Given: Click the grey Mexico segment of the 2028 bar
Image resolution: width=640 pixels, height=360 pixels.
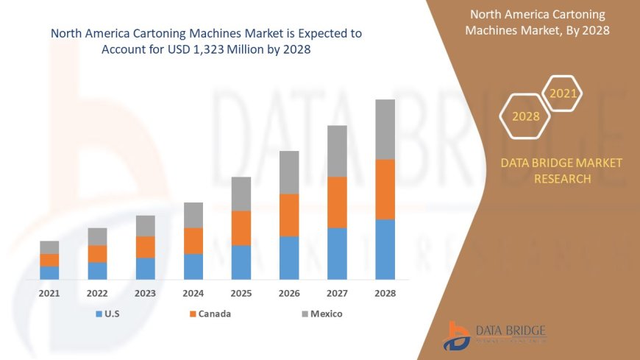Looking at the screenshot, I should click(385, 130).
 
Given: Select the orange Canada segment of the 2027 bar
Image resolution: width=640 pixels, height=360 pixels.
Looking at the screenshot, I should click(337, 202).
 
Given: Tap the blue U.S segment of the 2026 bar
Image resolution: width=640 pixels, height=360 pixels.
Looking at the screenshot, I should click(289, 258).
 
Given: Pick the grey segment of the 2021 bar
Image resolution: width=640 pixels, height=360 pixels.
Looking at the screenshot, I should click(49, 247).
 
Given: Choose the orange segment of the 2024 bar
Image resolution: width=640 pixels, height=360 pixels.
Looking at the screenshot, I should click(193, 241).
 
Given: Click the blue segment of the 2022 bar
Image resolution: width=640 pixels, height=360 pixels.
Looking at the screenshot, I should click(97, 271).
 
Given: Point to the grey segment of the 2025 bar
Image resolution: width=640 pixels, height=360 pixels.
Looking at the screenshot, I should click(241, 194).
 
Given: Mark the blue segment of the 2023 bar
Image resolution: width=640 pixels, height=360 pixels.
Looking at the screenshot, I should click(145, 269).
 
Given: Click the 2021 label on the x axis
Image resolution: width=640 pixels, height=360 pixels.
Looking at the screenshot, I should click(49, 293).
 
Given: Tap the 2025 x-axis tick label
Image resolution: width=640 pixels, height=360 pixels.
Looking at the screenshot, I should click(241, 293).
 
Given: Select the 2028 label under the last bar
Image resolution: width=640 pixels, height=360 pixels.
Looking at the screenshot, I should click(385, 293).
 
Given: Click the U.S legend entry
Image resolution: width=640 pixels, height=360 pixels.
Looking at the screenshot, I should click(109, 314).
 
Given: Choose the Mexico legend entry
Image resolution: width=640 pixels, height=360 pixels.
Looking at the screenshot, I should click(321, 314).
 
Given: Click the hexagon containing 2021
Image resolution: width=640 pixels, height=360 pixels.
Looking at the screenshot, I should click(563, 93).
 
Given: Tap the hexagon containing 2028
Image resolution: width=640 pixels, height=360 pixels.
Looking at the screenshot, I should click(525, 116).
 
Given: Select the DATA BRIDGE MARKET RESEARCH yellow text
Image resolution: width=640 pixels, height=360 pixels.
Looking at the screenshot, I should click(561, 171).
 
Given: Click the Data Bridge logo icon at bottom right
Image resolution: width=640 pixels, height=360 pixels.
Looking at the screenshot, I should click(458, 336).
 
